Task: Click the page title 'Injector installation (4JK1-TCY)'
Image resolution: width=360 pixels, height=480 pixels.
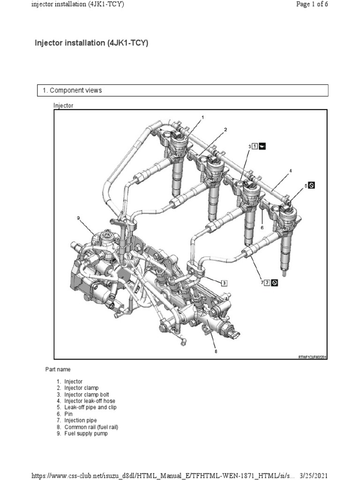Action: point(91,43)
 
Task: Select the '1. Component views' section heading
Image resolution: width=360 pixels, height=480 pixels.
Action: point(75,90)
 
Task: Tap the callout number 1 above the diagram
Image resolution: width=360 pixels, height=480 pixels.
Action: point(202,116)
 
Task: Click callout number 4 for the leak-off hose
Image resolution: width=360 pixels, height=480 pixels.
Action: point(290,171)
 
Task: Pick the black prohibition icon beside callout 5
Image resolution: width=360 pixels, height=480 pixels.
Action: point(311,185)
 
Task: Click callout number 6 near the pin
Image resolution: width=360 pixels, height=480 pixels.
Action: point(262,227)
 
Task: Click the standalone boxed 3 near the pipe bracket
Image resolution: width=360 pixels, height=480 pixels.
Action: point(224,283)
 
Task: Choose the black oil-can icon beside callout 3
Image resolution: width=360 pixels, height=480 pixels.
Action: point(262,146)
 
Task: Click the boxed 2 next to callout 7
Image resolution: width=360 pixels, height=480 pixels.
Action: point(267,283)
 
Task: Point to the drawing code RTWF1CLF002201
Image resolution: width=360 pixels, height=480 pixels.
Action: point(312,357)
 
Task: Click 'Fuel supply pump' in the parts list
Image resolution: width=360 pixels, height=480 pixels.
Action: point(89,434)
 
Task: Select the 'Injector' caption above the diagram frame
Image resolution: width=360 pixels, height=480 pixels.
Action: point(63,105)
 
